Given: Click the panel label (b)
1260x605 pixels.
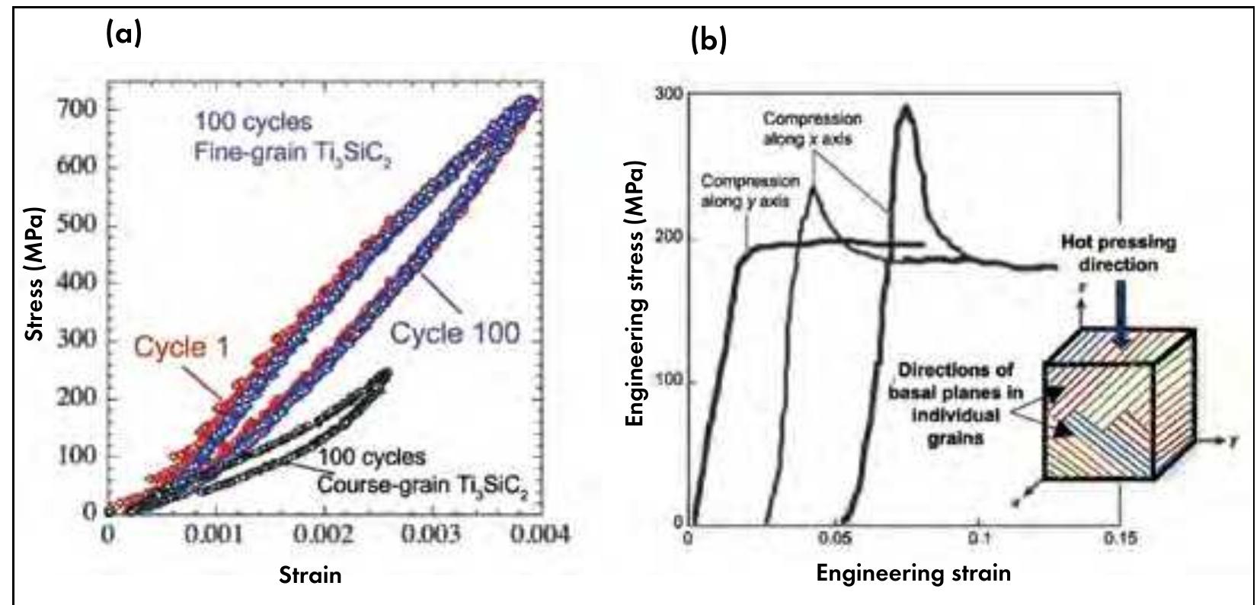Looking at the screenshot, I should pyautogui.click(x=708, y=38).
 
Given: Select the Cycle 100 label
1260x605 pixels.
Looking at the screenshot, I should pyautogui.click(x=455, y=333).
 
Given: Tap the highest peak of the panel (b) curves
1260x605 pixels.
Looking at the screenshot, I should pyautogui.click(x=905, y=107).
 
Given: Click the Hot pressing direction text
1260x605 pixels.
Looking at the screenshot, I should pyautogui.click(x=1118, y=253).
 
